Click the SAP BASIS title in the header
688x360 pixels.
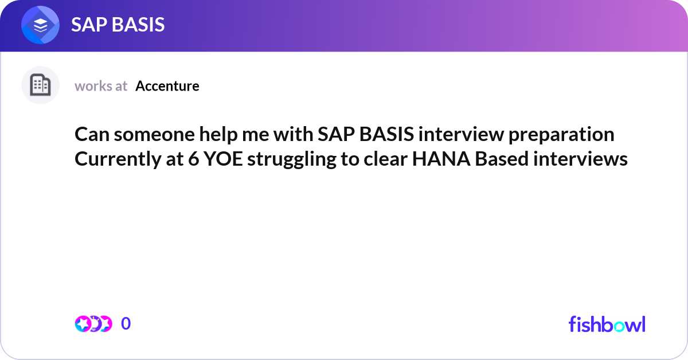pyautogui.click(x=118, y=25)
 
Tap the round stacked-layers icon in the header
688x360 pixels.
pyautogui.click(x=40, y=25)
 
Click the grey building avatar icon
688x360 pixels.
pyautogui.click(x=40, y=85)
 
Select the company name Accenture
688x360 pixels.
pyautogui.click(x=167, y=86)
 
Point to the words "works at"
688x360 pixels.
pyautogui.click(x=101, y=86)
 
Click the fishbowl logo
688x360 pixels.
pyautogui.click(x=607, y=324)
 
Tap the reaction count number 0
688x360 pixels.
pyautogui.click(x=126, y=323)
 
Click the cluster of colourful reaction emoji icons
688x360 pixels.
pyautogui.click(x=93, y=324)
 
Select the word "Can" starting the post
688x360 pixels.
pyautogui.click(x=92, y=135)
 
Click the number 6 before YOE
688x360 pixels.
pyautogui.click(x=194, y=159)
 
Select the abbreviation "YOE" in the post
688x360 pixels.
pyautogui.click(x=223, y=159)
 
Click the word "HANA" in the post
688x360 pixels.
pyautogui.click(x=441, y=159)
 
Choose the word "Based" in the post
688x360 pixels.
pyautogui.click(x=502, y=159)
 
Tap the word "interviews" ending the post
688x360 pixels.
pyautogui.click(x=580, y=159)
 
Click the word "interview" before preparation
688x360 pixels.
pyautogui.click(x=462, y=135)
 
